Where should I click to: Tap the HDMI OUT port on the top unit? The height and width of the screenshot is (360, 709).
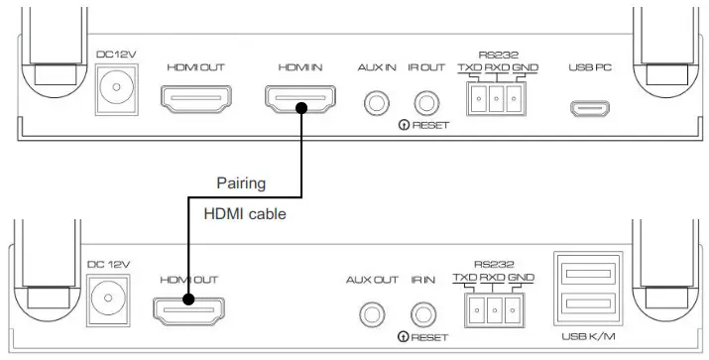(x=196, y=100)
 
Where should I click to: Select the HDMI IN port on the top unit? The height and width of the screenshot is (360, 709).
(x=299, y=100)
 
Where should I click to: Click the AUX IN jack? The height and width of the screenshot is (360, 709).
(x=377, y=101)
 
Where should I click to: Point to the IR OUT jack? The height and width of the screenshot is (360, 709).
(x=427, y=101)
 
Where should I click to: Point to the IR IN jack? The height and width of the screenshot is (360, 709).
(x=424, y=313)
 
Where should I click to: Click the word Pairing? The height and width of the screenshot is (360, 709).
(x=241, y=183)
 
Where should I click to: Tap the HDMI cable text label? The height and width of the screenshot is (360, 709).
(x=244, y=213)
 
